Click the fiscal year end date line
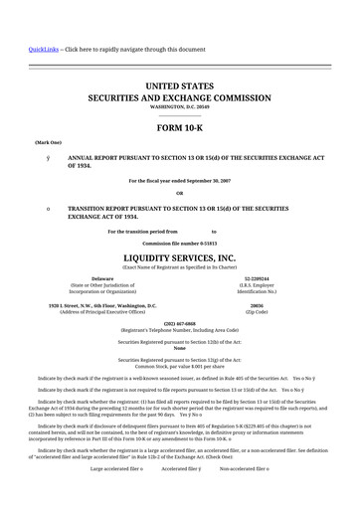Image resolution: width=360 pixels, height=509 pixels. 180,180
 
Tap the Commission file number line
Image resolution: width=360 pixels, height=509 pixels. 180,243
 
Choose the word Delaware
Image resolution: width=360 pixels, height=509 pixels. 102,279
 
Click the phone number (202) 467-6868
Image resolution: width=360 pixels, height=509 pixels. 180,323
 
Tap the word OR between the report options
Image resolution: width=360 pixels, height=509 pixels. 180,193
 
